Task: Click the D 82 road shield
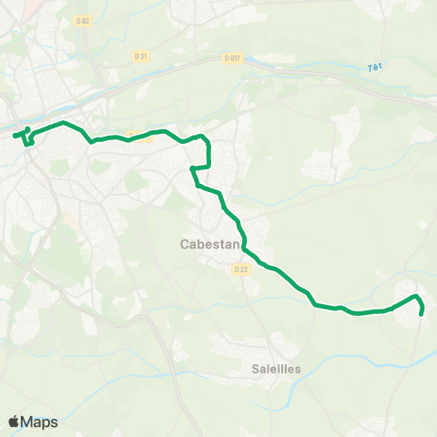[x=84, y=20]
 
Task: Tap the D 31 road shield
[x=140, y=56]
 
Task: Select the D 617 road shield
[x=230, y=57]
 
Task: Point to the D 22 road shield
[x=240, y=269]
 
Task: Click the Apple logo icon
[x=14, y=422]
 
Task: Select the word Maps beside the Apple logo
[x=39, y=422]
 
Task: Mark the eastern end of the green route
[x=422, y=315]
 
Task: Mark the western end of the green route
[x=15, y=136]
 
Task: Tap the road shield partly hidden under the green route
[x=139, y=137]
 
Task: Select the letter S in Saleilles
[x=255, y=369]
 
